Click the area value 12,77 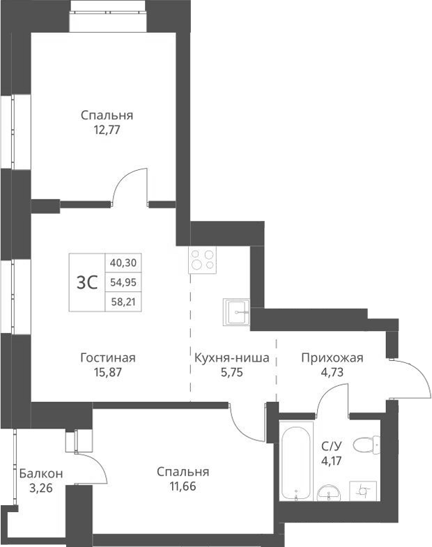click(x=107, y=129)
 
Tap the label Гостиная click(x=107, y=358)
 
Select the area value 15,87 click(x=107, y=372)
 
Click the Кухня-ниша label click(x=232, y=358)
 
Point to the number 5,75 click(x=232, y=372)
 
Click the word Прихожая click(x=332, y=358)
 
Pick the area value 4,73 click(x=332, y=372)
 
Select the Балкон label click(x=41, y=474)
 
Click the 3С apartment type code click(x=86, y=282)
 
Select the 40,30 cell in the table click(x=123, y=263)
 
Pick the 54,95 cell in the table click(x=123, y=282)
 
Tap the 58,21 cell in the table click(x=123, y=302)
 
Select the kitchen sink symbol click(x=237, y=313)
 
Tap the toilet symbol click(x=365, y=444)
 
